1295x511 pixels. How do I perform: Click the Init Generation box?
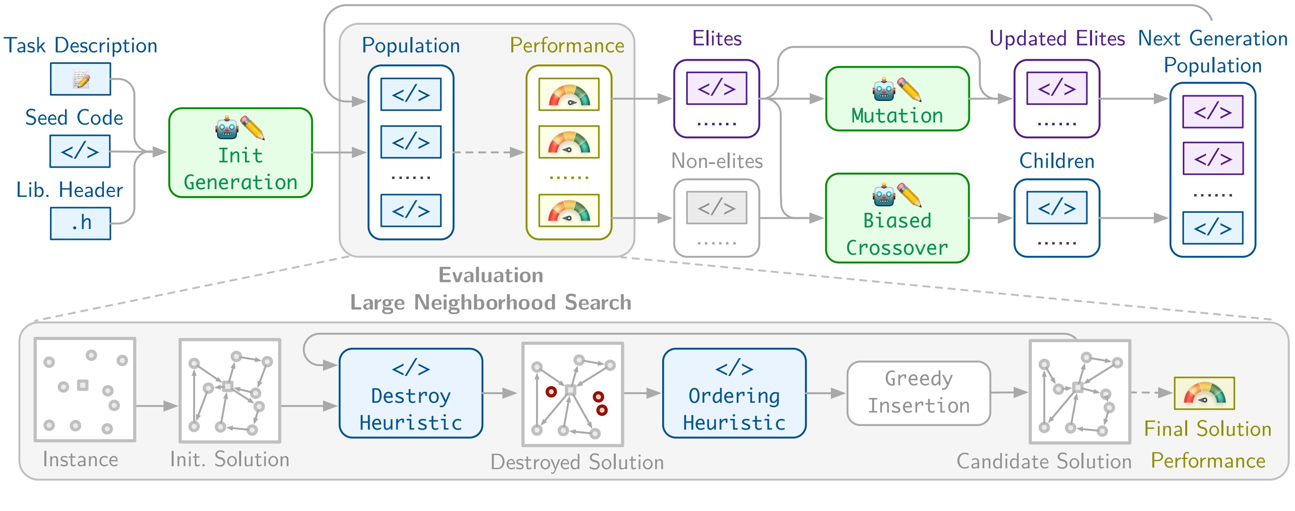240,153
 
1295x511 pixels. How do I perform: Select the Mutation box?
897,99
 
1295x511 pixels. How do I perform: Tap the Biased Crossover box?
897,218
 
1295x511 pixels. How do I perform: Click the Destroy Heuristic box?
411,393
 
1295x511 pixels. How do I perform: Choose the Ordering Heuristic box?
734,393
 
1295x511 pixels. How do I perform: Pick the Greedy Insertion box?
918,393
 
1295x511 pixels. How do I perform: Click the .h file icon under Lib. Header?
81,223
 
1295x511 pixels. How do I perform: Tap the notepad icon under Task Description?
81,79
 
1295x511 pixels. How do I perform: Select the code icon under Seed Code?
80,151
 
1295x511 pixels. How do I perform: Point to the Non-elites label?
717,162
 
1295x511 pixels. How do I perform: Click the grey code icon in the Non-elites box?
717,207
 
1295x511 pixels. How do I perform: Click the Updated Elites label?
1057,39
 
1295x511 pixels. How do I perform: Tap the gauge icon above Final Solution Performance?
1204,393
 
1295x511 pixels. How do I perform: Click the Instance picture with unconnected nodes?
85,390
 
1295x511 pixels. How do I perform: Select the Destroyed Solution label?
577,462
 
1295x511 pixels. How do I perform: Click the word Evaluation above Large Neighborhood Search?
491,275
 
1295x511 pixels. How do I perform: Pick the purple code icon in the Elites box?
717,88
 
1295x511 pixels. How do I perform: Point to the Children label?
1057,162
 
